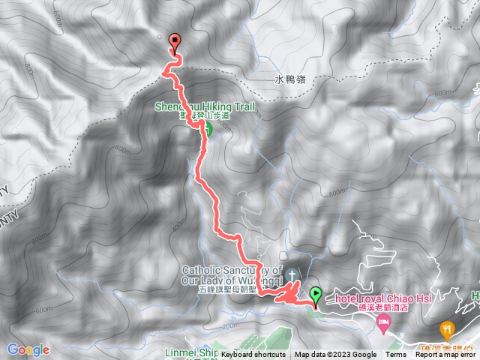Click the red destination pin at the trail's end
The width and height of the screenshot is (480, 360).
tap(175, 43)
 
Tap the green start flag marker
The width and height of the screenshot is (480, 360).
tap(316, 295)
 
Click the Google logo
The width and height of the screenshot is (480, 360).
tap(28, 349)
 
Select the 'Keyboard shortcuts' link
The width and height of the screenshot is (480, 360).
tap(253, 355)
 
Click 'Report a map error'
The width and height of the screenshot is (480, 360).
tap(447, 355)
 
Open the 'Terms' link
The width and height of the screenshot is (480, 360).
tap(396, 355)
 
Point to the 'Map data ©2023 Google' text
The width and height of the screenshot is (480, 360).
tap(335, 355)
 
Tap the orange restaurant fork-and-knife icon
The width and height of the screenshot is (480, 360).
tap(448, 328)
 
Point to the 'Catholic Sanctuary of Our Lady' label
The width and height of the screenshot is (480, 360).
tap(232, 274)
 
